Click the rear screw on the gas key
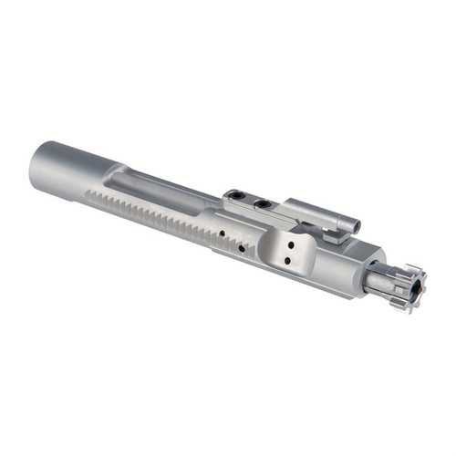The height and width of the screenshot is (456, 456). click(x=237, y=194)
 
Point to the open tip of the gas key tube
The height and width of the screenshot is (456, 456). click(x=356, y=225)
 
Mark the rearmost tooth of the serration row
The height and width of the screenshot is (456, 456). click(x=89, y=194)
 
